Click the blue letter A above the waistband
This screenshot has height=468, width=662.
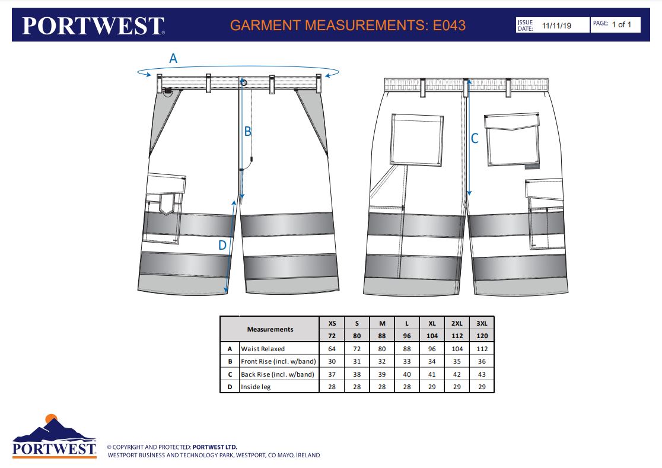click(x=173, y=58)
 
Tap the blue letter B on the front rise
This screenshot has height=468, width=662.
click(x=248, y=131)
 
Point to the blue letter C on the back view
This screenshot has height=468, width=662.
click(x=475, y=138)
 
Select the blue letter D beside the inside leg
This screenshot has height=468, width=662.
click(x=222, y=245)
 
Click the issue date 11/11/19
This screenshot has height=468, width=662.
click(x=556, y=26)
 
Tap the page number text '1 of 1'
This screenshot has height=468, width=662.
click(x=622, y=24)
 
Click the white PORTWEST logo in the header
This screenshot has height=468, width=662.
click(x=93, y=26)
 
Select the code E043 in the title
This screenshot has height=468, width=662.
click(x=449, y=26)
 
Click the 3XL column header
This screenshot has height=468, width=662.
click(x=482, y=323)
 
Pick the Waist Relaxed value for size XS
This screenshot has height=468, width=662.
click(x=332, y=349)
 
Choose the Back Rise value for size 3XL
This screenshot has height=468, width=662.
click(x=482, y=374)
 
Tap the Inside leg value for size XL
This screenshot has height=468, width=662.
click(x=432, y=387)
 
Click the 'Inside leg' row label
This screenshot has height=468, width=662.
click(x=256, y=387)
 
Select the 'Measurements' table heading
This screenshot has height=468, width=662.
click(x=270, y=329)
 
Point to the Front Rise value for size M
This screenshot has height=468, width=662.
click(x=382, y=361)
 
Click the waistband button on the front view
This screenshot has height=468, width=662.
click(x=244, y=82)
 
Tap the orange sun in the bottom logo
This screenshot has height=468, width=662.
click(x=51, y=418)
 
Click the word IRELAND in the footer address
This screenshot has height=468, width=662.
click(x=308, y=455)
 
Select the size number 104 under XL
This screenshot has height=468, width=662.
click(x=432, y=336)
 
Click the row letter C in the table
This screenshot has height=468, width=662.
click(x=230, y=374)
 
